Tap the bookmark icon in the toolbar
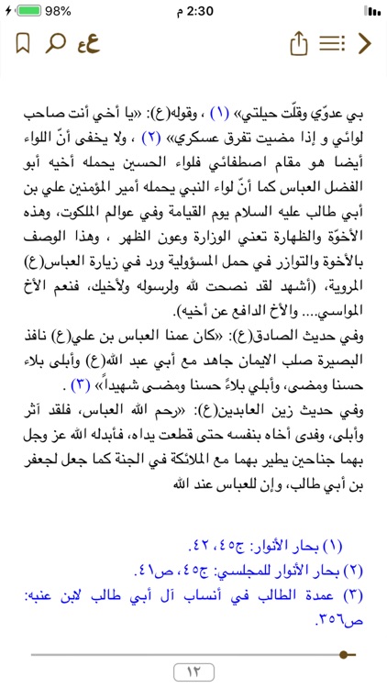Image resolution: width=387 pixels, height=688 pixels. [24, 43]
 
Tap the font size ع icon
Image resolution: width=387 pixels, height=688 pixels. [89, 43]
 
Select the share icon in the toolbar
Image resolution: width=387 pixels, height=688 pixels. [296, 43]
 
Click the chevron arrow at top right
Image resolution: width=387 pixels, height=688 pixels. [365, 43]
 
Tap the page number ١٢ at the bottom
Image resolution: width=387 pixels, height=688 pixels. [193, 671]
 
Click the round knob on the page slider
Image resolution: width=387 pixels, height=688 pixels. [345, 654]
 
